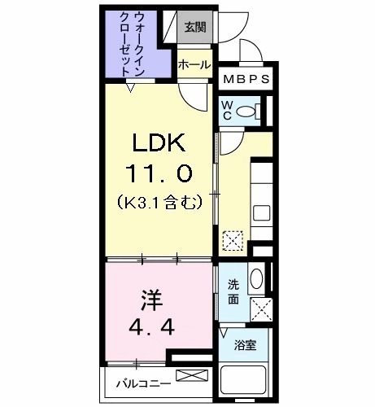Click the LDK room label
[159, 144]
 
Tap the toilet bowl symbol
[252, 112]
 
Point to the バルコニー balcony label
[136, 382]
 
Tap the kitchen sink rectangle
[261, 213]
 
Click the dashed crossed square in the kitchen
[233, 240]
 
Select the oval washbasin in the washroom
[256, 280]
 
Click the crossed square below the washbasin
[261, 309]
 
